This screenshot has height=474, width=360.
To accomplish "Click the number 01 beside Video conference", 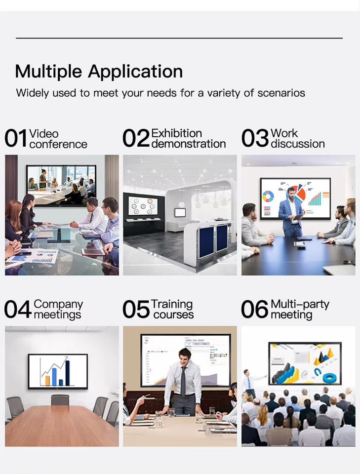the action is pyautogui.click(x=16, y=138).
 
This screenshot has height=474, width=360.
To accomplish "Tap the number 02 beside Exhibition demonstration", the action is pyautogui.click(x=136, y=138).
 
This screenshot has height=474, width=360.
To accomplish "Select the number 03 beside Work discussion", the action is pyautogui.click(x=255, y=138).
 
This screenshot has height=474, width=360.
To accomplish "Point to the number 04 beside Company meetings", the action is pyautogui.click(x=18, y=309).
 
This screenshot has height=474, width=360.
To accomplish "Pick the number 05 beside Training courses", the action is pyautogui.click(x=136, y=309).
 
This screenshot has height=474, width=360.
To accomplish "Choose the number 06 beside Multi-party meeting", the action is pyautogui.click(x=254, y=309).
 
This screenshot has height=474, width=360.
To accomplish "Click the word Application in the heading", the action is pyautogui.click(x=135, y=72).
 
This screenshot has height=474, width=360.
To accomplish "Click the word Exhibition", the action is pyautogui.click(x=176, y=133).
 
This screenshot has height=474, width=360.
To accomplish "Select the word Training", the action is pyautogui.click(x=172, y=304).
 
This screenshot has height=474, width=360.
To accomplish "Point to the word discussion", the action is pyautogui.click(x=298, y=144).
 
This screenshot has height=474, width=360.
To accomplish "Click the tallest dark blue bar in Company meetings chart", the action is pyautogui.click(x=67, y=373).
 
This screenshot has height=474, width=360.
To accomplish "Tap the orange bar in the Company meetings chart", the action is pyautogui.click(x=47, y=381).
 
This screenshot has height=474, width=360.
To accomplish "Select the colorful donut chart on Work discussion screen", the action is pyautogui.click(x=268, y=196).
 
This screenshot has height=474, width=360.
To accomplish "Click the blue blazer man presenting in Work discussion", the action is pyautogui.click(x=291, y=212).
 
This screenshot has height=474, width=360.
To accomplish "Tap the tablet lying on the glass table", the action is pyautogui.click(x=93, y=251).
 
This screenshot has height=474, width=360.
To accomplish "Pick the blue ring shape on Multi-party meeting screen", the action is pyautogui.click(x=329, y=378).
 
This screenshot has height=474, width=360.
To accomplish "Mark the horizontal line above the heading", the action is pyautogui.click(x=179, y=38).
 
